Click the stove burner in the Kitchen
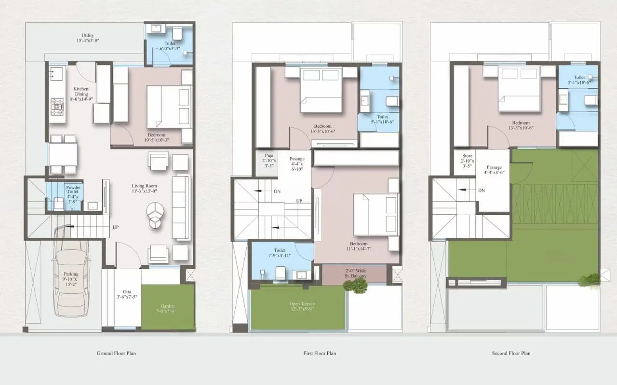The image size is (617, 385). tap(58, 105)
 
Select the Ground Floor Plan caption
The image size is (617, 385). tap(116, 353)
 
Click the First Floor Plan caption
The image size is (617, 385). tap(320, 353)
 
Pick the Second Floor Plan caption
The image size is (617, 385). tap(511, 353)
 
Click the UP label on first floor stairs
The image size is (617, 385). tap(299, 201)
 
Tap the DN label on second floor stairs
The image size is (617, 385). tap(482, 190)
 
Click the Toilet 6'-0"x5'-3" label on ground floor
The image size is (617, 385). tap(170, 45)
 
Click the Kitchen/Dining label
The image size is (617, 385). tap(80, 92)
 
